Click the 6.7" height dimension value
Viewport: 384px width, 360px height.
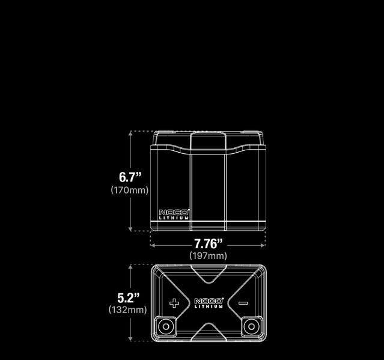[130, 177]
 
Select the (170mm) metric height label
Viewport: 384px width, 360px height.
[129, 190]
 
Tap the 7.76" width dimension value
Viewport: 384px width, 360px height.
[208, 244]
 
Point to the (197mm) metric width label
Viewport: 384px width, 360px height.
[209, 255]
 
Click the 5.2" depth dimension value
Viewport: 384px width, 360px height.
[129, 297]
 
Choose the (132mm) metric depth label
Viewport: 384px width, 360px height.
[128, 310]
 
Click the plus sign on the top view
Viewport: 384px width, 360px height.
[174, 303]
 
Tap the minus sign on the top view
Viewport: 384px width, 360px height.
[243, 303]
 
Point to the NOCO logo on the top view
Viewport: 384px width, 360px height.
[209, 301]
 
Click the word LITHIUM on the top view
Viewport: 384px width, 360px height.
[209, 307]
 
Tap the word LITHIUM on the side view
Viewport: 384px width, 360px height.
[174, 218]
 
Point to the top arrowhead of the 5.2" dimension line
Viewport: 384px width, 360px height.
[130, 266]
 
